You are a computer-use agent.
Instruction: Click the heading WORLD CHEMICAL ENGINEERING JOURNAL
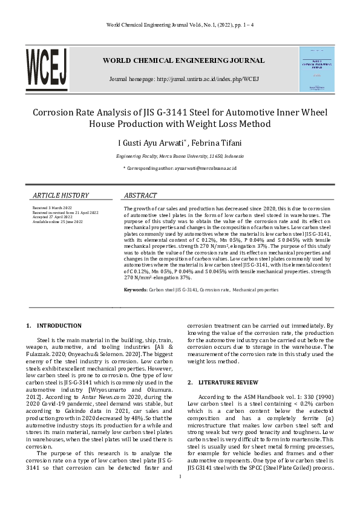(x=183, y=60)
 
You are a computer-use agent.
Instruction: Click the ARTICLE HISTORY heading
(x=61, y=196)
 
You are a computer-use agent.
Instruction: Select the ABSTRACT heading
(x=140, y=196)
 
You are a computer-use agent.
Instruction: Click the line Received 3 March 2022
(x=53, y=208)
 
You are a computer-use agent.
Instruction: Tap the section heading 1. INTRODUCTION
(x=54, y=325)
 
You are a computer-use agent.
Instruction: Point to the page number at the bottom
(x=180, y=493)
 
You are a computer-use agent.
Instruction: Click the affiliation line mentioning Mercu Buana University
(x=180, y=156)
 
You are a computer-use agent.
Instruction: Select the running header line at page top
(x=180, y=24)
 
